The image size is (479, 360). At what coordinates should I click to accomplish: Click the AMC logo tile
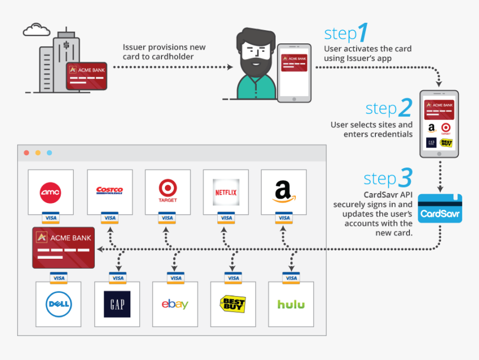coord(51,192)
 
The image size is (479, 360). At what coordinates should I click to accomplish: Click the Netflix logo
coord(226,193)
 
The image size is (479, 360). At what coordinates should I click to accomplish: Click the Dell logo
coord(58,304)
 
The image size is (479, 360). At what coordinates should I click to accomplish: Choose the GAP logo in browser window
coord(118,304)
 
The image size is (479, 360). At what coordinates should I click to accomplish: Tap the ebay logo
coord(175,304)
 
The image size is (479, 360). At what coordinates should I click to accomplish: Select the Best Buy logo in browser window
coord(233,304)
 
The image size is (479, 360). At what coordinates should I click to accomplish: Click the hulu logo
coord(291,304)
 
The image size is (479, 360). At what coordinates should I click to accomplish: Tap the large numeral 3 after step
coord(405,178)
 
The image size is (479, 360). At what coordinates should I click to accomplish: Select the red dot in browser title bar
coord(26,152)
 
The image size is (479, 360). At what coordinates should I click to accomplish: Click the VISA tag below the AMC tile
coord(51,218)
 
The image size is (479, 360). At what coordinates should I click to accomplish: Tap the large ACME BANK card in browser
coord(64,248)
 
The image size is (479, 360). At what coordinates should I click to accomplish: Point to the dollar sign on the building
coord(65,45)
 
